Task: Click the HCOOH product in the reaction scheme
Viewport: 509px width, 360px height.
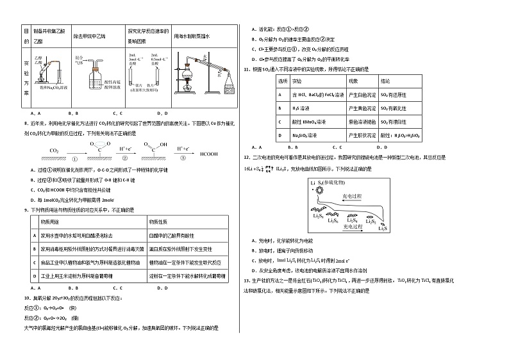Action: click(209, 154)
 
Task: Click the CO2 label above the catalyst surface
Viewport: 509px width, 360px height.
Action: click(53, 150)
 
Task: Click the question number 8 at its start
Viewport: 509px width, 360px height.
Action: click(25, 124)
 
